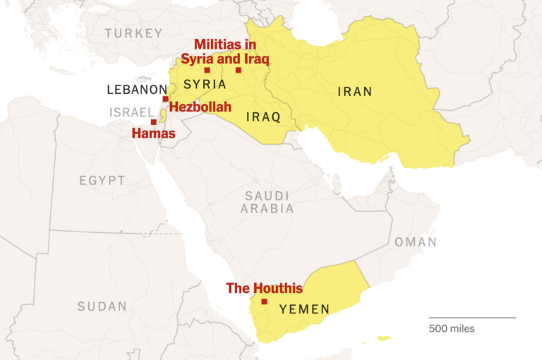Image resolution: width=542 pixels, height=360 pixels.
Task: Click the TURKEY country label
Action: pyautogui.click(x=133, y=33)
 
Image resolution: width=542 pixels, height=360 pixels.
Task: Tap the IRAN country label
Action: pyautogui.click(x=354, y=91)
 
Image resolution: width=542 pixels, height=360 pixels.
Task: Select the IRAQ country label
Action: pyautogui.click(x=263, y=116)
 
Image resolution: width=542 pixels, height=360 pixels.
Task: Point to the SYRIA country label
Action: pyautogui.click(x=205, y=85)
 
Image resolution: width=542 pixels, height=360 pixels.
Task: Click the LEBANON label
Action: pyautogui.click(x=135, y=90)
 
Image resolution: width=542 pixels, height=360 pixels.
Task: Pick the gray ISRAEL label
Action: pyautogui.click(x=131, y=112)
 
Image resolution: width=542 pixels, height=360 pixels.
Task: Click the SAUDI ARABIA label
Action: pyautogui.click(x=267, y=201)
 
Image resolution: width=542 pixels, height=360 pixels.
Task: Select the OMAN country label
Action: pyautogui.click(x=415, y=242)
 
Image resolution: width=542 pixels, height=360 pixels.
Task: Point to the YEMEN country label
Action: pyautogui.click(x=304, y=309)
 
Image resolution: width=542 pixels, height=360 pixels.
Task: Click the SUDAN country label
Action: pyautogui.click(x=102, y=306)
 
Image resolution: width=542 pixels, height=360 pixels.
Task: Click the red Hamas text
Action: pyautogui.click(x=154, y=133)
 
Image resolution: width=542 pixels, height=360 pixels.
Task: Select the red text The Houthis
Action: pyautogui.click(x=264, y=288)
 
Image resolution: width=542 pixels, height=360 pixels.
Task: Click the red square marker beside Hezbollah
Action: pyautogui.click(x=165, y=99)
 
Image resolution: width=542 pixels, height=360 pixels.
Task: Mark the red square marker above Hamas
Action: pyautogui.click(x=153, y=122)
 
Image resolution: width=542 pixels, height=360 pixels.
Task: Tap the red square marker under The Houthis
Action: pyautogui.click(x=264, y=301)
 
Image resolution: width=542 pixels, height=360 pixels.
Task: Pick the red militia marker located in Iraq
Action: pyautogui.click(x=239, y=70)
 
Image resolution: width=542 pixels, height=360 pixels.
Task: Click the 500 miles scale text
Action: pyautogui.click(x=452, y=328)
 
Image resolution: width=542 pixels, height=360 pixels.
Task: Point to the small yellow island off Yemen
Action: pyautogui.click(x=383, y=338)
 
